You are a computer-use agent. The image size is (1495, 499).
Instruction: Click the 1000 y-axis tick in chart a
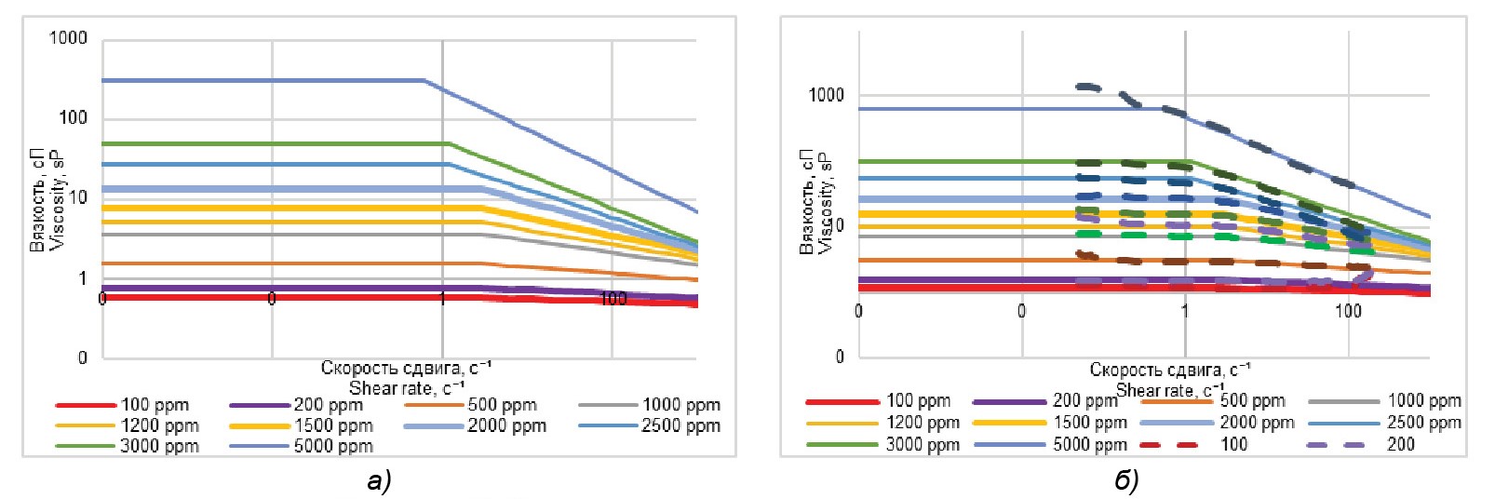coord(68,38)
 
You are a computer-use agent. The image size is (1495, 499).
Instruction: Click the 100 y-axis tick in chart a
coord(73,117)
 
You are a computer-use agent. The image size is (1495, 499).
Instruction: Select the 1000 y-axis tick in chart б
coord(826,95)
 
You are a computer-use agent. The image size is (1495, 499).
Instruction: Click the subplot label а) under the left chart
coord(379,480)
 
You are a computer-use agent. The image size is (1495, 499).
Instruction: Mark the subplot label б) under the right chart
coord(1126,480)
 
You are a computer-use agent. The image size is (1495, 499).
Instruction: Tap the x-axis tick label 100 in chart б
coord(1348,311)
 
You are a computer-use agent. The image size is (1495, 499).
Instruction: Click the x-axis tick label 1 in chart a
coord(442,298)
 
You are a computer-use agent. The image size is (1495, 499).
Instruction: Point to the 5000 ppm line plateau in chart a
coord(261,81)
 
